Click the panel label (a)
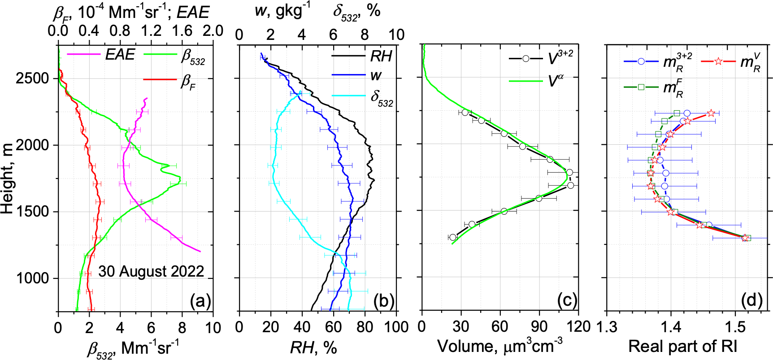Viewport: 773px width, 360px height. pos(200,301)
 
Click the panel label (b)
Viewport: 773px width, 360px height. pos(383,301)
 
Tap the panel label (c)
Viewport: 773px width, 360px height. pos(567,300)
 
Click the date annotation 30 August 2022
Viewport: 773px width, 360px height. pos(151,271)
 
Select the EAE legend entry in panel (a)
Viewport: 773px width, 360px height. pos(120,55)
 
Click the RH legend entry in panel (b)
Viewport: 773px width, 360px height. pos(381,56)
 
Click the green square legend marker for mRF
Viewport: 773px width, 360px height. pos(641,87)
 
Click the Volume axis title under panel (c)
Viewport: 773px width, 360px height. pos(499,347)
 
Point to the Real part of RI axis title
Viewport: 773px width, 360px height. pos(682,347)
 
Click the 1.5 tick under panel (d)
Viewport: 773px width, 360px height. pos(734,327)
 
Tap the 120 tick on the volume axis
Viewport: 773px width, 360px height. pos(578,327)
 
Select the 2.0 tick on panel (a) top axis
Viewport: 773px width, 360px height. pos(213,30)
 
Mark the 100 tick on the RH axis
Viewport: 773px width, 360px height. pos(396,327)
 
